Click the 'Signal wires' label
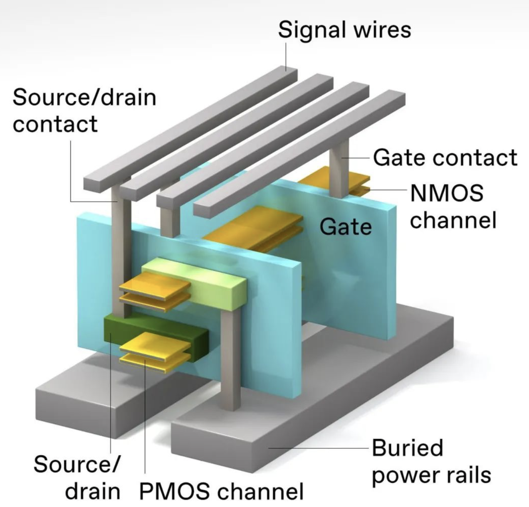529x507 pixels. (x=344, y=30)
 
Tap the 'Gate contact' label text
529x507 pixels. (x=445, y=158)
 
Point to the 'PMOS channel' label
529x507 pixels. (x=221, y=491)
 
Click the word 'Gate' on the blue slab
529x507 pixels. (x=345, y=227)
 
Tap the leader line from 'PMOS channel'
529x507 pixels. (x=145, y=416)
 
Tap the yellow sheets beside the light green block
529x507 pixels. (x=154, y=287)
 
